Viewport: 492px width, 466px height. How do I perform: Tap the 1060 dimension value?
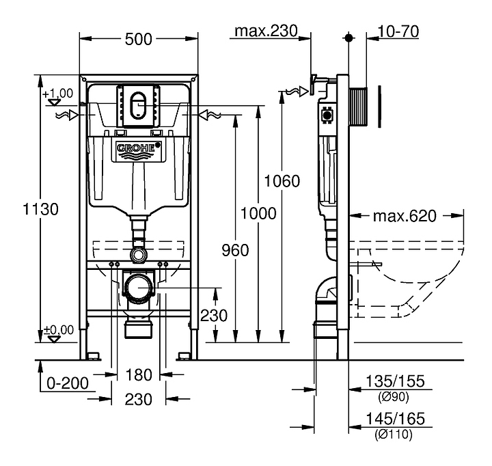[282, 181]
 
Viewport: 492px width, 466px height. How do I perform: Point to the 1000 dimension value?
[258, 213]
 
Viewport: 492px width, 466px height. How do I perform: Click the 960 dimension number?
[235, 250]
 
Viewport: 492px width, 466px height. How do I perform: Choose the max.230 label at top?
[266, 31]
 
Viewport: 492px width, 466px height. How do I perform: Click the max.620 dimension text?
[404, 217]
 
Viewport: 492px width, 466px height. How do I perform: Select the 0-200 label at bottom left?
[67, 383]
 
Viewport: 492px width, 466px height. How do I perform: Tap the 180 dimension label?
[138, 374]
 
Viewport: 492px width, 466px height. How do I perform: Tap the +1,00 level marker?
[58, 94]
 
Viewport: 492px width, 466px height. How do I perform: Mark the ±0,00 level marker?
[58, 331]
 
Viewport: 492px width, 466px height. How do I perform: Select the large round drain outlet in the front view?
[141, 287]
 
